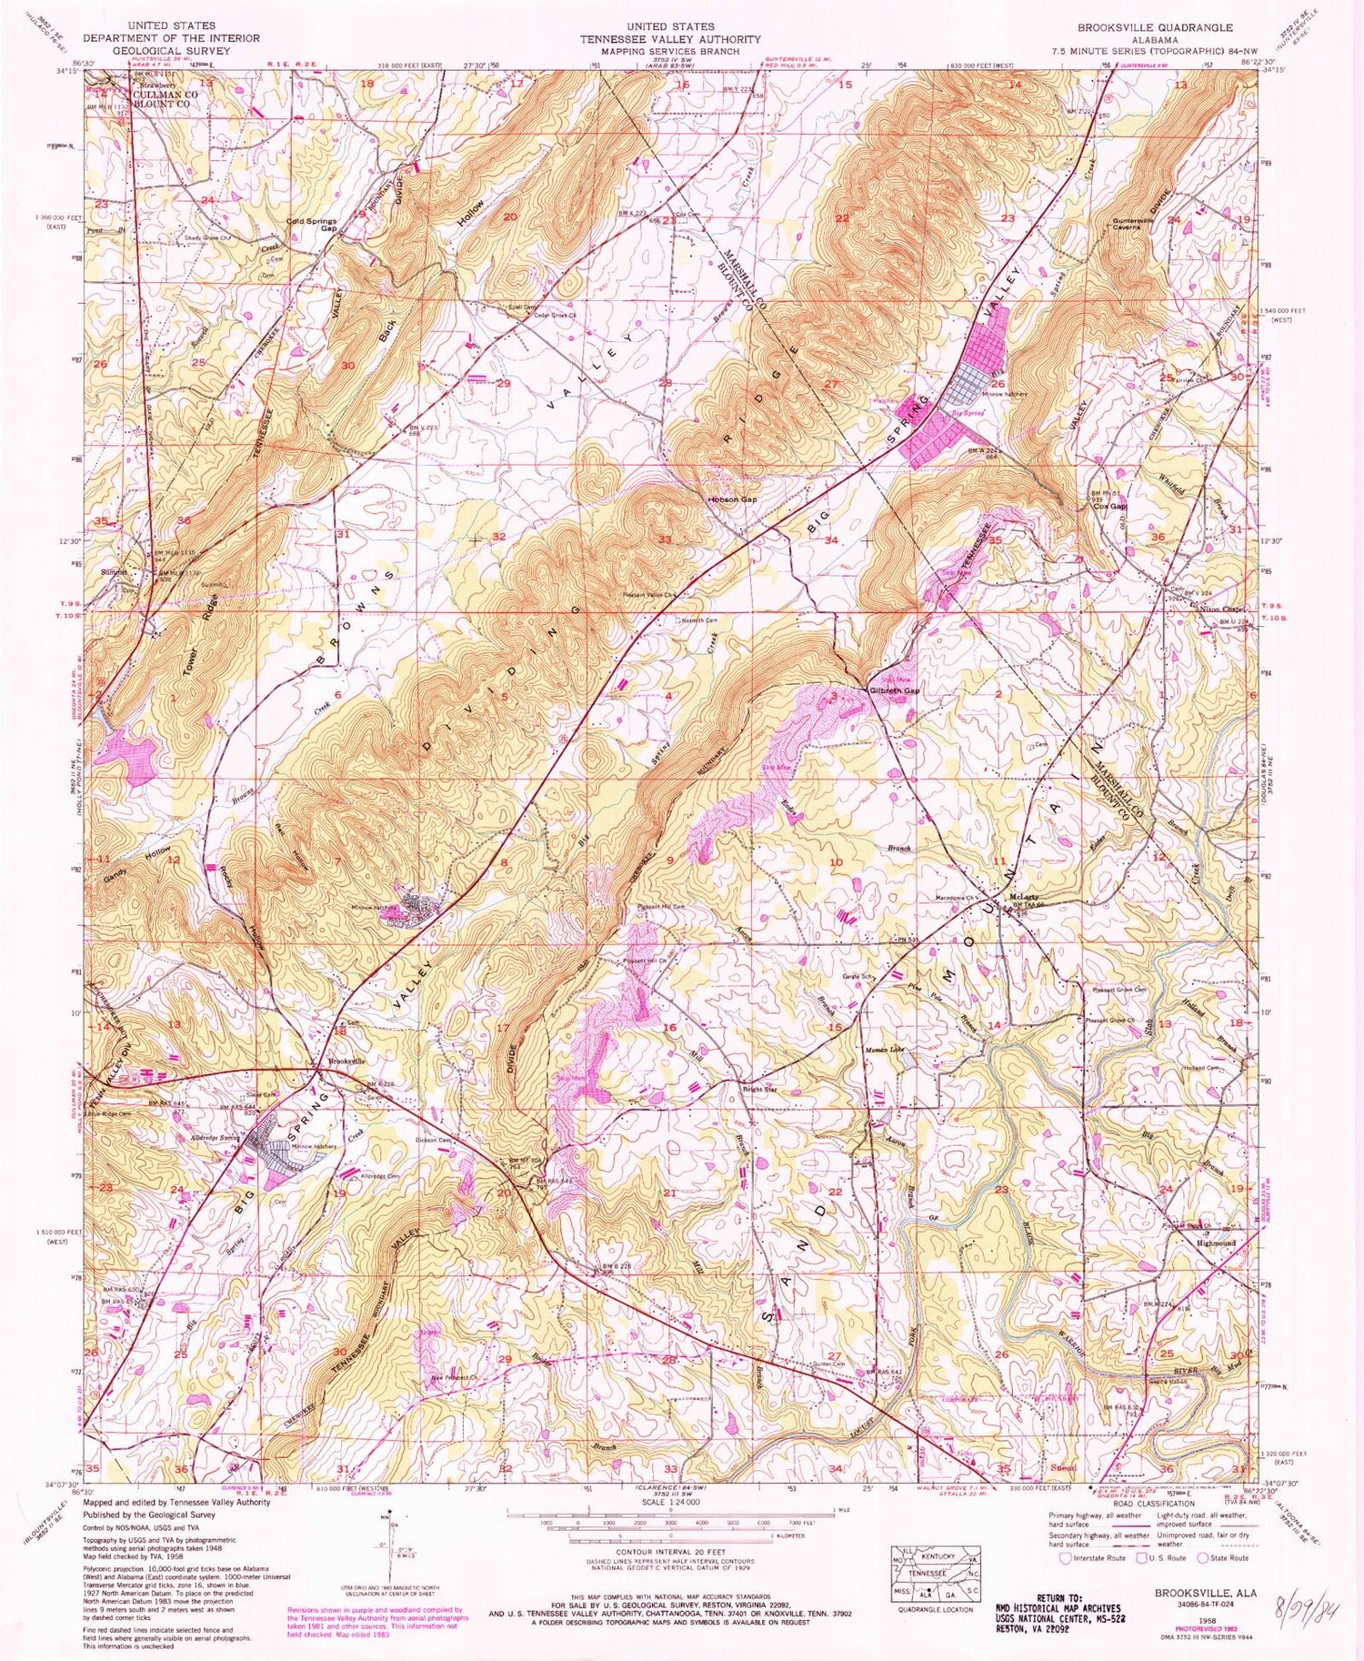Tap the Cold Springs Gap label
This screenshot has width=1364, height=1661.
pos(313,225)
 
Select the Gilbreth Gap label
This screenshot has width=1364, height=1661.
pos(894,690)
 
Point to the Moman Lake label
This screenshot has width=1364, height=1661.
pos(883,1049)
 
